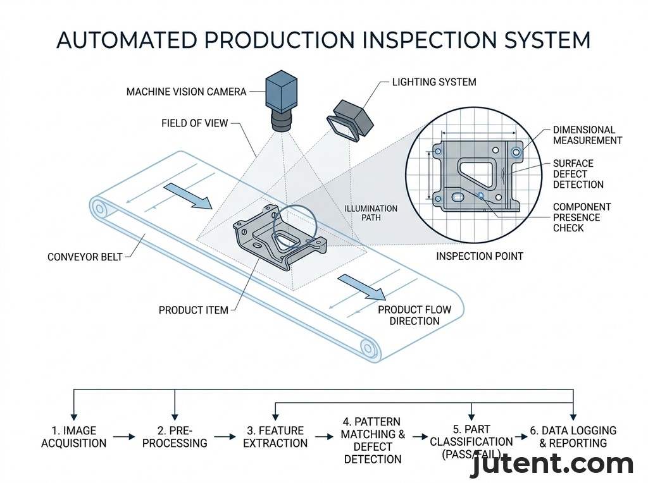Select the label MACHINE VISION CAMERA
coord(186,92)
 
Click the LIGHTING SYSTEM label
coord(434,82)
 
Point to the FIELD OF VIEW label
coord(194,123)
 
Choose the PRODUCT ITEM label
coord(193,310)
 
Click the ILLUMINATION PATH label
coord(371,214)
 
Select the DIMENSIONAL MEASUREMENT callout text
coord(587,135)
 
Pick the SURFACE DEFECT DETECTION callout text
coord(578,174)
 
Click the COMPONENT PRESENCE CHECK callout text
coord(582,217)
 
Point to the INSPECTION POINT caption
coord(480,256)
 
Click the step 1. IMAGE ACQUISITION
coord(74,437)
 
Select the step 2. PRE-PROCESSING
coord(175,437)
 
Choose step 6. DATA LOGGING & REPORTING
coord(573,437)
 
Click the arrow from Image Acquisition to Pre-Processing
coord(124,436)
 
